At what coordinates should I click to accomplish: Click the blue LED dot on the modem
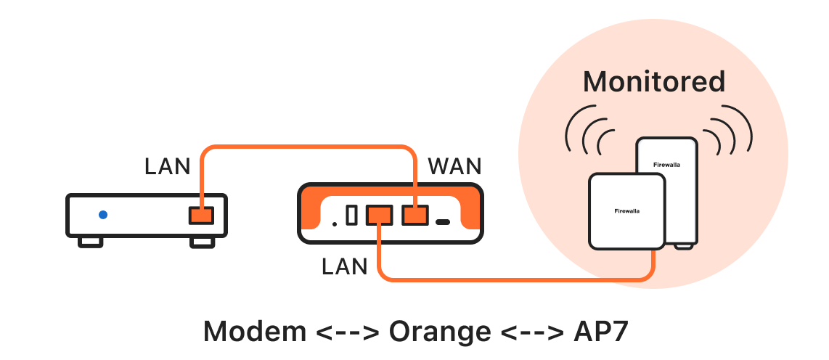coord(103,215)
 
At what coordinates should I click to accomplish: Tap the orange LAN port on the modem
coord(200,216)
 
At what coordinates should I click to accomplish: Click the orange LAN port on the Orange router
coord(379,215)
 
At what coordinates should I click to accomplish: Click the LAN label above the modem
coord(167,167)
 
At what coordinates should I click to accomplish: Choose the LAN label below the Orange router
coord(345,266)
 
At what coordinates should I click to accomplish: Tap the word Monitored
coord(654,81)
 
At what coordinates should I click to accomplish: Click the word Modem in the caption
coord(254,331)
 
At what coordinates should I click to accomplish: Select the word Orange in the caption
coord(439,331)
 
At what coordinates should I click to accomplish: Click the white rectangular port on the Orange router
coord(352,216)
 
